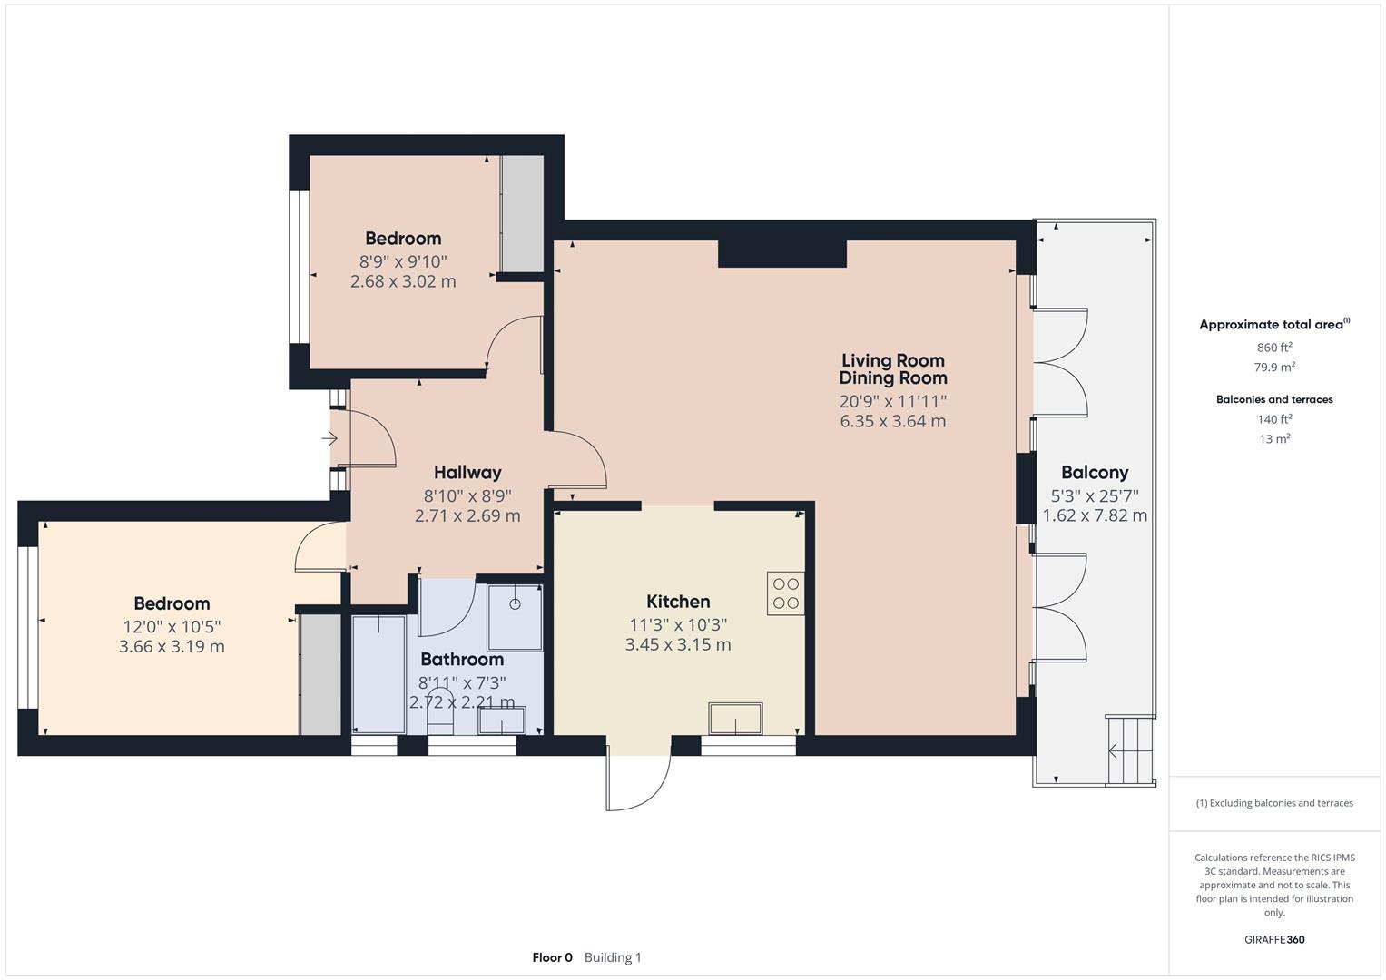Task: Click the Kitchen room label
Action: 678,602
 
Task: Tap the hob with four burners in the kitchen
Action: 785,593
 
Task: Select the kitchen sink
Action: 735,718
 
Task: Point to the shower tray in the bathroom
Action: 515,618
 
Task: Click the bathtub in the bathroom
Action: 378,673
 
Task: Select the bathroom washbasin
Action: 501,720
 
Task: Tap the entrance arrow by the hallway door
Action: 329,440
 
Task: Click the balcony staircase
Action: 1129,750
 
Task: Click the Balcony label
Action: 1094,473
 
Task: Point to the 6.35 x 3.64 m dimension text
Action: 892,421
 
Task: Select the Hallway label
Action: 467,473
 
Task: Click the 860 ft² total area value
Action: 1274,348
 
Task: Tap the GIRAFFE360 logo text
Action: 1273,939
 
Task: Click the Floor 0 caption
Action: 552,957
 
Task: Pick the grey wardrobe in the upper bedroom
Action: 522,213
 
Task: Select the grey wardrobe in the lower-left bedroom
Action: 320,675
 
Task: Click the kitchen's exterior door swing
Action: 639,780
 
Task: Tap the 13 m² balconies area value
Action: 1274,439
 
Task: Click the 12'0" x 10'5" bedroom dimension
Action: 172,627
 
